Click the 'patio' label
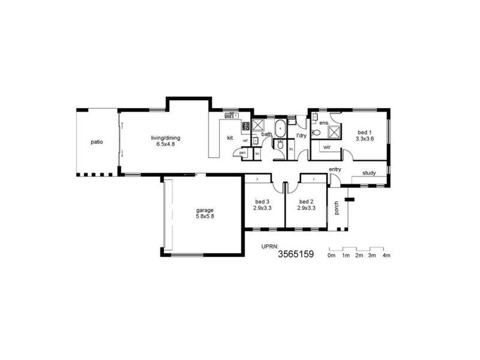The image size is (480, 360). click(x=97, y=142)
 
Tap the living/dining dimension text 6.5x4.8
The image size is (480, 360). click(x=165, y=145)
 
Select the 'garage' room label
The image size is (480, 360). click(x=205, y=210)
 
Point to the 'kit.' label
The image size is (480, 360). click(x=230, y=138)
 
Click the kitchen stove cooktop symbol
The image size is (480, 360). click(x=245, y=126)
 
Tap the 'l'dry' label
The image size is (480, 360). click(x=301, y=136)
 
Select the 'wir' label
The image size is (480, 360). click(x=328, y=146)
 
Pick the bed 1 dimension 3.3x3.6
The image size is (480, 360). click(x=365, y=139)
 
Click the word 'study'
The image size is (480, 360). click(x=369, y=173)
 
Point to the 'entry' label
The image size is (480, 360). click(x=335, y=170)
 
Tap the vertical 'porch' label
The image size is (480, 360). click(x=337, y=207)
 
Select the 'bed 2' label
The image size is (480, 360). click(x=306, y=201)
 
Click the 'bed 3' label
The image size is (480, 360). click(x=263, y=201)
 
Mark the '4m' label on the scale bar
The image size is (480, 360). click(x=387, y=256)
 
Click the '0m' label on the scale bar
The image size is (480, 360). click(x=331, y=256)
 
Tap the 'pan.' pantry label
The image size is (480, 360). click(x=242, y=153)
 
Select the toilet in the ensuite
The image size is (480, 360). click(x=315, y=132)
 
